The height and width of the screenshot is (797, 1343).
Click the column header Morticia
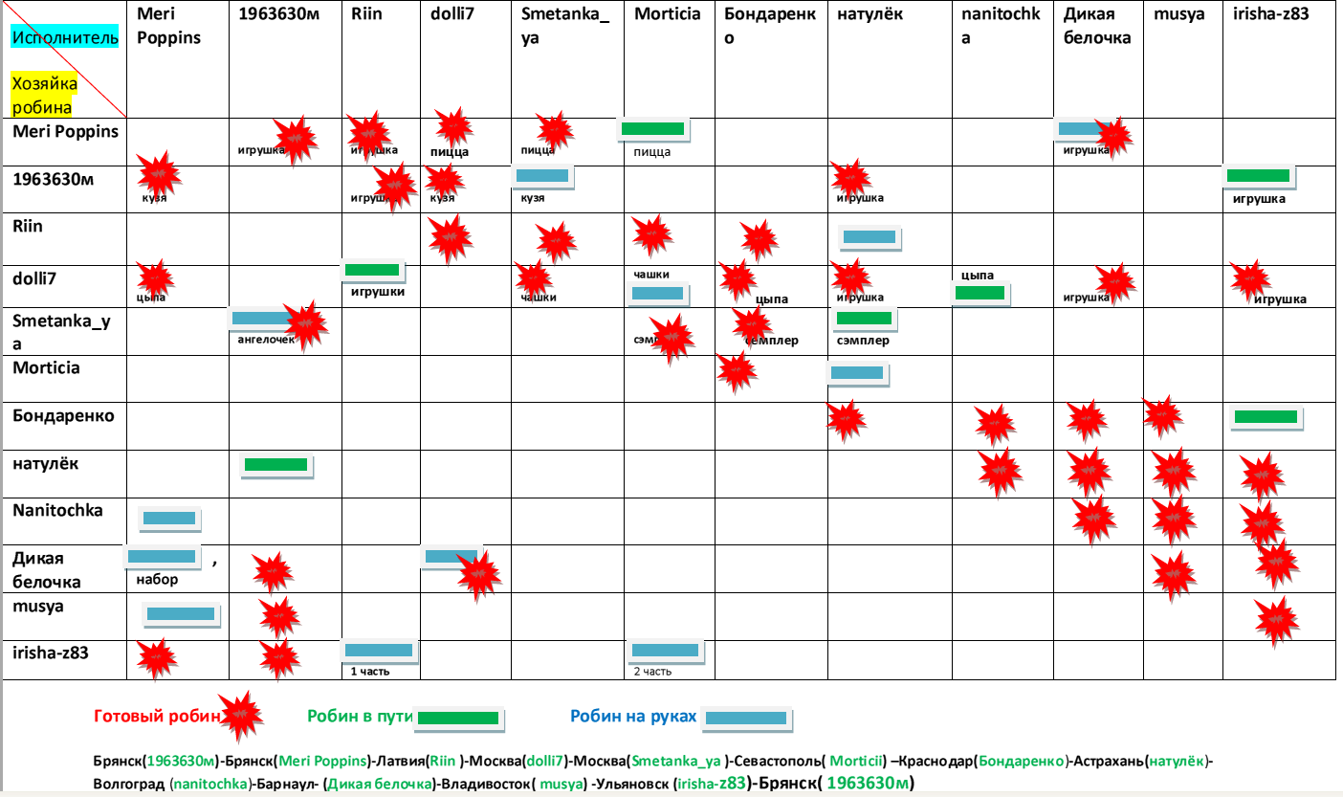click(667, 14)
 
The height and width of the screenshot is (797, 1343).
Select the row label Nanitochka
click(57, 511)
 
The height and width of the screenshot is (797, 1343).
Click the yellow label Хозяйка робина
click(44, 95)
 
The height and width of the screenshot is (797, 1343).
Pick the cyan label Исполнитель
click(65, 38)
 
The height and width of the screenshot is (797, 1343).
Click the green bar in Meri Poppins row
click(652, 128)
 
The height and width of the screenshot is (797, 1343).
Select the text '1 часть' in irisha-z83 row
click(369, 671)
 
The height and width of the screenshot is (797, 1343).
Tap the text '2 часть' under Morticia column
click(652, 671)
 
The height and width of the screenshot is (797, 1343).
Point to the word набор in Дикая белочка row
click(157, 579)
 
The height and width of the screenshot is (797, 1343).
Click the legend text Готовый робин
click(155, 716)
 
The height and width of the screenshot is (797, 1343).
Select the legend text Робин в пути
click(359, 716)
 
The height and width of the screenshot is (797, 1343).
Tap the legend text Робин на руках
click(632, 716)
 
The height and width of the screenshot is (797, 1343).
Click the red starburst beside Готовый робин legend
click(239, 716)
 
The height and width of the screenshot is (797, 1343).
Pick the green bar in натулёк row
click(275, 465)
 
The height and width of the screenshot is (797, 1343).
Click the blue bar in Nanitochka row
click(168, 519)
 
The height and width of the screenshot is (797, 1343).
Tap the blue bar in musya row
click(181, 614)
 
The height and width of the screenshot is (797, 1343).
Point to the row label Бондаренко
click(63, 415)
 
